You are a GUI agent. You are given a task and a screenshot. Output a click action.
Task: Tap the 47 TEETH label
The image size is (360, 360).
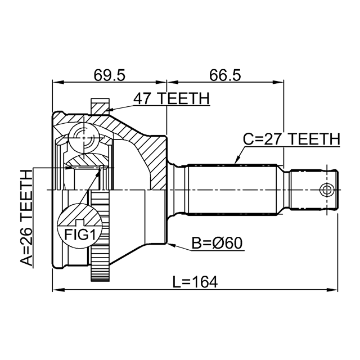[x=171, y=98]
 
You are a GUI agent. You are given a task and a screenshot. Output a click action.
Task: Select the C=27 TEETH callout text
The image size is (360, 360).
[x=291, y=138]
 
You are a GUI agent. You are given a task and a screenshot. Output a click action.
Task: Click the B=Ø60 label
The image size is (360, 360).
[x=217, y=244]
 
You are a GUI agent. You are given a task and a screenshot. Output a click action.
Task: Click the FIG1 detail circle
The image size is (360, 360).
[x=77, y=226]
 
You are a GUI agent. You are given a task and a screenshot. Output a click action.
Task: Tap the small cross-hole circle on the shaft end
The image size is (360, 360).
[x=326, y=189]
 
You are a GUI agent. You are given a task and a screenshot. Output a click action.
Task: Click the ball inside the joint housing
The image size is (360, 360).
[x=83, y=137]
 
